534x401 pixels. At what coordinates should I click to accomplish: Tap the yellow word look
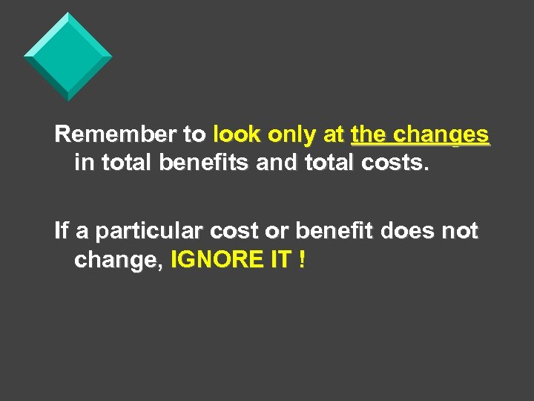[237, 134]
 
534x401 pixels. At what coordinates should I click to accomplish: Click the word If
[62, 231]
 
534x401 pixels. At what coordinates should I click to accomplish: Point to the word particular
[145, 232]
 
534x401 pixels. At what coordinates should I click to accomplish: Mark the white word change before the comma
[119, 261]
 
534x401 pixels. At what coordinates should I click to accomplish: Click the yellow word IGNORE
[215, 260]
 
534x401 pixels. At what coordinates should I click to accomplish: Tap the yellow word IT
[279, 260]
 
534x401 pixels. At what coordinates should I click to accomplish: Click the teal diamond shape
[68, 56]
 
